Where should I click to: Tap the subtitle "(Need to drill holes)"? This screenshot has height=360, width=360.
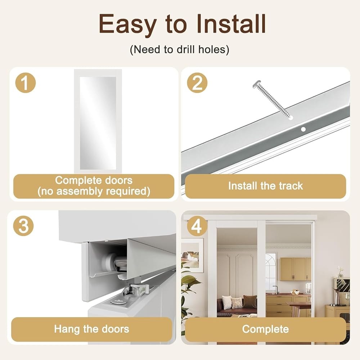180,49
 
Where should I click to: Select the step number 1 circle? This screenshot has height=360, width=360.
26,83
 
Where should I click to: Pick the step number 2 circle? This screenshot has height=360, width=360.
197,83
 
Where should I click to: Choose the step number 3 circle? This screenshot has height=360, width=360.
23,226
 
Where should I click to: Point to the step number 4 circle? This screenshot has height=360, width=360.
197,226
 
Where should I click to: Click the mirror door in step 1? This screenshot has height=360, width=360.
98,122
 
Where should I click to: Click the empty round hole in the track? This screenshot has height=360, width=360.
303,129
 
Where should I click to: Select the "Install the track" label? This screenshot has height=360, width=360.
265,186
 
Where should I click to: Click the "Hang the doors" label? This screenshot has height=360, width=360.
91,329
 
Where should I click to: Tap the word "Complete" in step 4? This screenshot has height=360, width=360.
265,329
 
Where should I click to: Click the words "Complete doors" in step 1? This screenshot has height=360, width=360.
94,180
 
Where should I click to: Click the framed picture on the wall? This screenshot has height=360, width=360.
192,255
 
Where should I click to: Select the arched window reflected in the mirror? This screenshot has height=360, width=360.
271,269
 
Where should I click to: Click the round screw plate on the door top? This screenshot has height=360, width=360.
119,302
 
